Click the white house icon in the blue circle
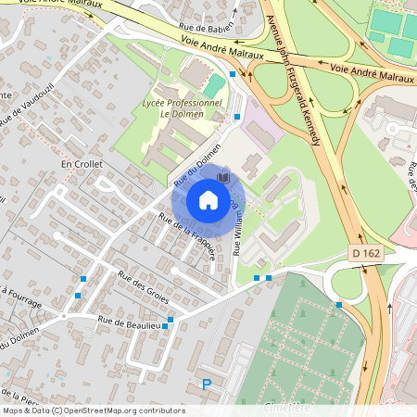(x=208, y=199)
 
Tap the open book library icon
(x=222, y=177)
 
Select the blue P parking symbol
(x=207, y=385)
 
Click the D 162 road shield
(x=367, y=252)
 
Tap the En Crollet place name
(x=82, y=164)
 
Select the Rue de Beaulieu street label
(x=129, y=324)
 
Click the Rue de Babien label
(x=204, y=28)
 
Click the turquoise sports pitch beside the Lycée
(x=214, y=86)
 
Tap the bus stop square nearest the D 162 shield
(x=339, y=304)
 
